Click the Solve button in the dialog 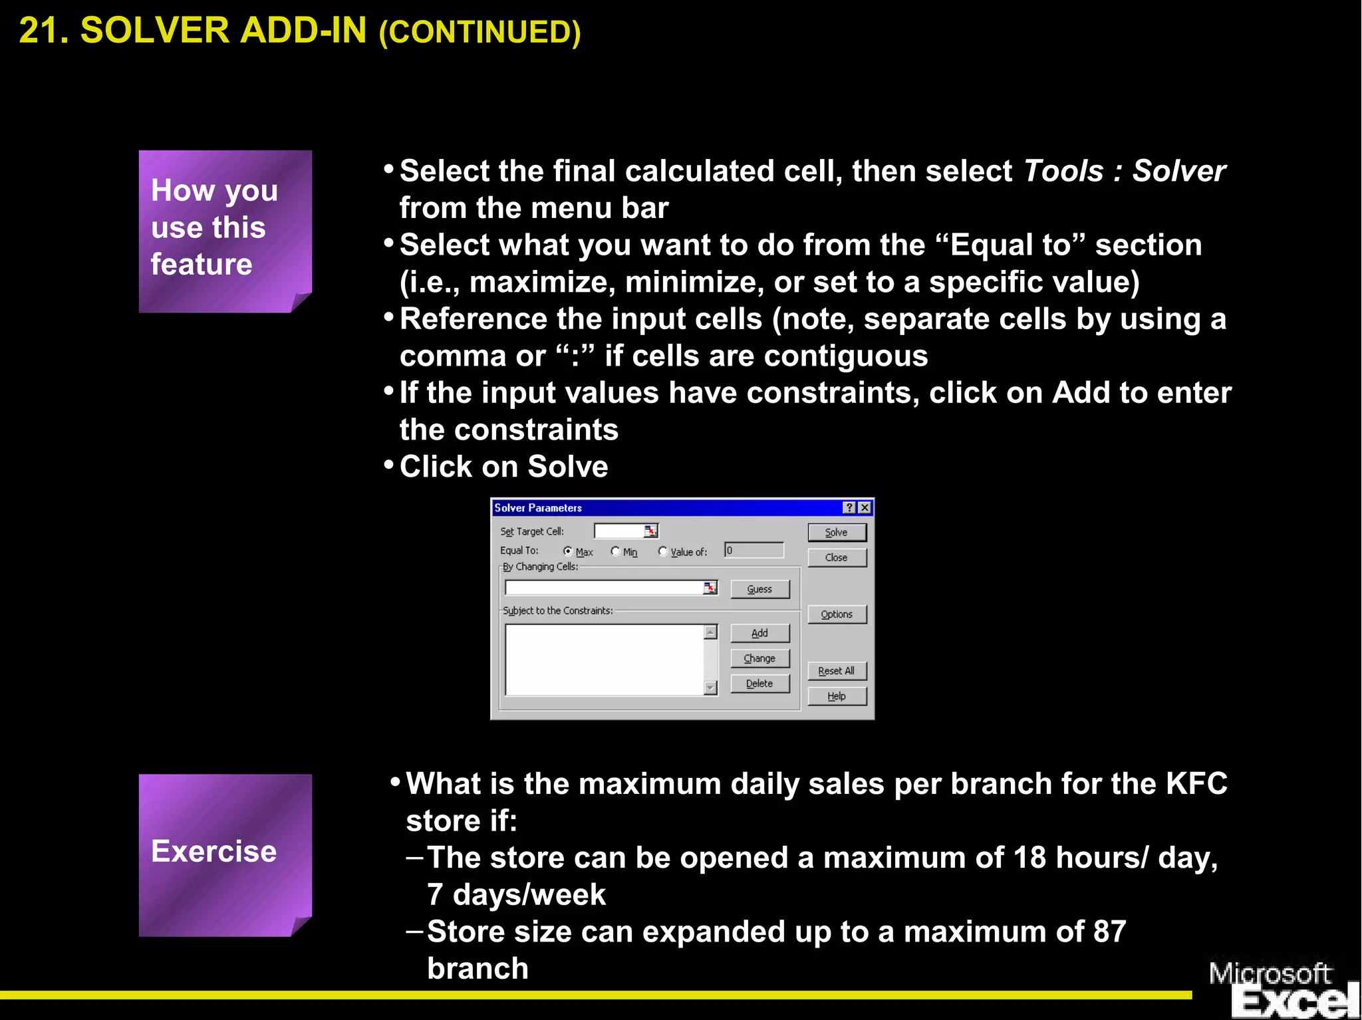837,533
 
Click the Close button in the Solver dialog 837,558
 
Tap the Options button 837,614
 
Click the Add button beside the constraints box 759,633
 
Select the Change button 759,658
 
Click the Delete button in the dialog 759,684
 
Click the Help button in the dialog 837,696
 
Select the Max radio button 568,551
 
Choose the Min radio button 615,551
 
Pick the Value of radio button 663,551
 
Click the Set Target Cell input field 619,531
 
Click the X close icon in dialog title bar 865,508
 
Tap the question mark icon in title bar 849,508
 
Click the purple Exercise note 225,855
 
